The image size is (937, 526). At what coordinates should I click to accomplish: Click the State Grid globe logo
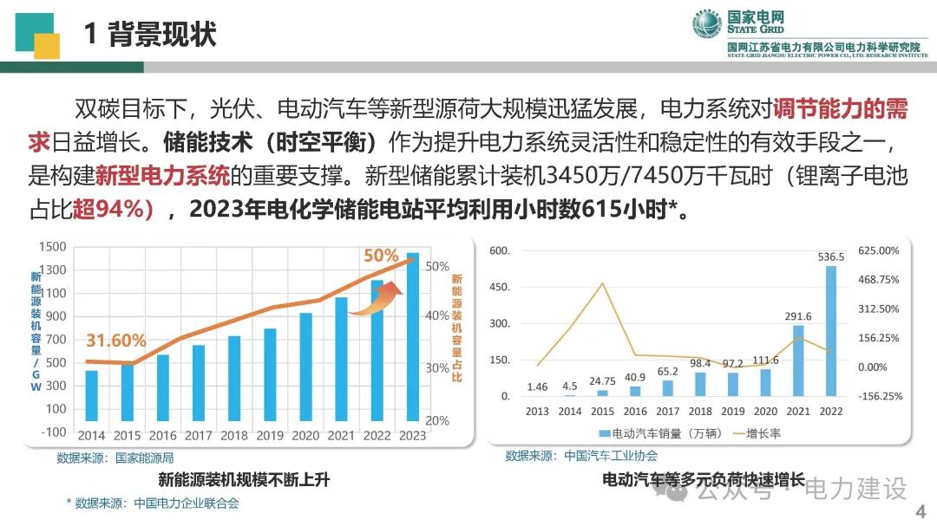coord(707,24)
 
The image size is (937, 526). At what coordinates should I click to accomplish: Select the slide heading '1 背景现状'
coord(150,34)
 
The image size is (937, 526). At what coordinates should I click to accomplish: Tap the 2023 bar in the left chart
coord(413,337)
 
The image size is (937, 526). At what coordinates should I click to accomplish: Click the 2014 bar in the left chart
coord(91,396)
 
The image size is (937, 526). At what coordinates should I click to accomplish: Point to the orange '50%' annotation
coord(381,256)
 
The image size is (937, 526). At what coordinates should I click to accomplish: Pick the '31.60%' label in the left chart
coord(116,341)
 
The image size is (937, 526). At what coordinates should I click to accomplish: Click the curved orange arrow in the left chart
coord(377,298)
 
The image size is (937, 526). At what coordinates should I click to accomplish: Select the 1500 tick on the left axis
coord(53,247)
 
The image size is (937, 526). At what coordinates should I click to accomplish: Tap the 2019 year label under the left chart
coord(270,436)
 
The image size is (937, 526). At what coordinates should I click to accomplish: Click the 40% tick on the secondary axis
coord(436,315)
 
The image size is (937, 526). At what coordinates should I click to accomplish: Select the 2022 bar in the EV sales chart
coord(830,331)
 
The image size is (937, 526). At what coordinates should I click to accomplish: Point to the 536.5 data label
coord(831,257)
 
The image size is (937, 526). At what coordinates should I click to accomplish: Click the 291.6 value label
coord(798,316)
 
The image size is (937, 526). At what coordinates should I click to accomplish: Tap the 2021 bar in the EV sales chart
coord(798,360)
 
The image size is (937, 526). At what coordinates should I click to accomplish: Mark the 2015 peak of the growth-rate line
coord(602,283)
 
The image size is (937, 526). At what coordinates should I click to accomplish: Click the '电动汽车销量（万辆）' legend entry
coord(660,433)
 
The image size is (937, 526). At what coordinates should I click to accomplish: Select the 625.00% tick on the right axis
coord(878,250)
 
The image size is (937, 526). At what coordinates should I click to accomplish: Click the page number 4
coord(921,511)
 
